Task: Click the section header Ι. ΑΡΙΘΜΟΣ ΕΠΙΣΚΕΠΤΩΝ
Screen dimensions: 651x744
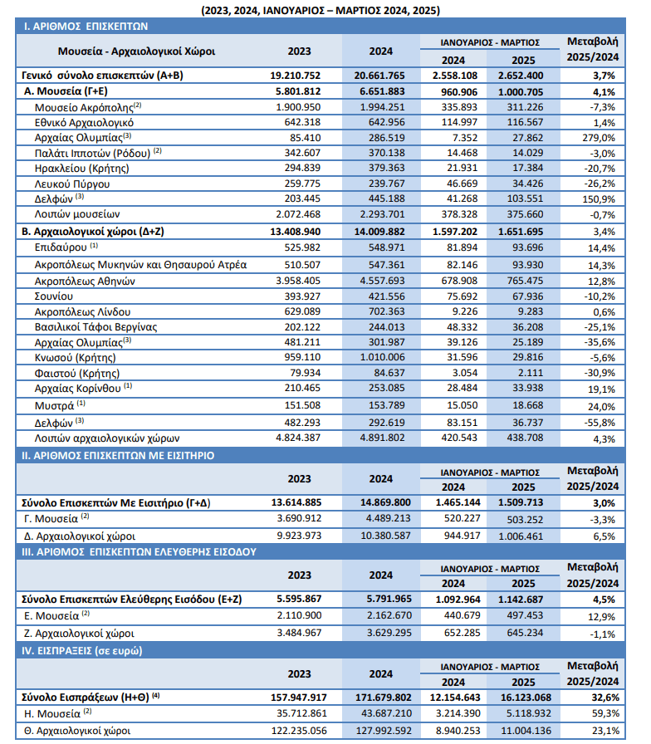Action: (86, 27)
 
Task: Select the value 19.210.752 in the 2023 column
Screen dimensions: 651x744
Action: (295, 76)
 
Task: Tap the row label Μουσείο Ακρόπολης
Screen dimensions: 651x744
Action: (85, 108)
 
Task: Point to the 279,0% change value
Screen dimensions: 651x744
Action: (599, 138)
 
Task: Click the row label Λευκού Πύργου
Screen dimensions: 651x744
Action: (72, 184)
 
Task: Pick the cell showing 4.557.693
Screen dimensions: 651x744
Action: (383, 281)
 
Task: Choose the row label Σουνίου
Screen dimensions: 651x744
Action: (54, 296)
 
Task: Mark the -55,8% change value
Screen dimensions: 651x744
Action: (600, 423)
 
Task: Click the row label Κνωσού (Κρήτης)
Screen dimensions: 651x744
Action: (75, 358)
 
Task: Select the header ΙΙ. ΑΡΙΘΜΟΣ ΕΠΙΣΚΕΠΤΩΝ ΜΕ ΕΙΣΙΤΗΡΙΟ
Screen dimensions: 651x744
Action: (118, 456)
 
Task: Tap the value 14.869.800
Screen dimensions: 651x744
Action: (383, 502)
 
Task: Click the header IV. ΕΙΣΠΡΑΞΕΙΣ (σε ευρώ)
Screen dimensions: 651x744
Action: (82, 651)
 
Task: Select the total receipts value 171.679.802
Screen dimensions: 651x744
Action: (384, 697)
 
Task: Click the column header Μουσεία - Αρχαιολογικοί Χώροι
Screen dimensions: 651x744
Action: (137, 51)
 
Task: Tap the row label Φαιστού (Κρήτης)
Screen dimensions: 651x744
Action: (77, 374)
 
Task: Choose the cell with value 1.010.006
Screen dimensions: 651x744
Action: (383, 357)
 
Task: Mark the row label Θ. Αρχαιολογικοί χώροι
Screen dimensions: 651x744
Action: (77, 732)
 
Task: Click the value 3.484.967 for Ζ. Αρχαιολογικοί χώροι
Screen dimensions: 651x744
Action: (299, 633)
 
